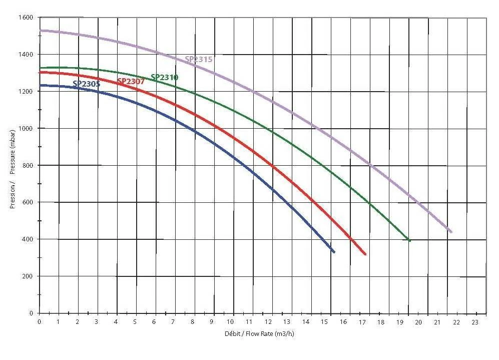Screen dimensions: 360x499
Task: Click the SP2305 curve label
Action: click(x=86, y=84)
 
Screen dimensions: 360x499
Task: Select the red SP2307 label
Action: click(x=131, y=81)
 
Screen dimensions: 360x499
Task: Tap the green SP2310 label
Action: click(x=164, y=77)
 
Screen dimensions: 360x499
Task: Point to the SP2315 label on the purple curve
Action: click(x=199, y=59)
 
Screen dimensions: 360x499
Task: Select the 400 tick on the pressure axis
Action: click(x=28, y=239)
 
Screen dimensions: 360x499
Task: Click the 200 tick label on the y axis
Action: click(x=28, y=276)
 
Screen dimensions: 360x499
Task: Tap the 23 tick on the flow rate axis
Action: click(x=475, y=321)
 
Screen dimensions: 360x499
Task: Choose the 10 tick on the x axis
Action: click(x=230, y=321)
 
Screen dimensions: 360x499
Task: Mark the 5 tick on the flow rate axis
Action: click(x=135, y=321)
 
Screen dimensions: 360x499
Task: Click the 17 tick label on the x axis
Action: click(x=362, y=321)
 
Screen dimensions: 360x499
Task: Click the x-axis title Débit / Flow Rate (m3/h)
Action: click(x=259, y=333)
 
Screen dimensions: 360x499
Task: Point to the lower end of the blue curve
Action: click(x=334, y=252)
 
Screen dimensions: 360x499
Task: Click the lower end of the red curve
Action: click(x=365, y=254)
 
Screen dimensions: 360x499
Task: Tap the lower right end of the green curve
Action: click(x=409, y=240)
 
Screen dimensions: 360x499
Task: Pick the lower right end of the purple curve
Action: click(x=451, y=232)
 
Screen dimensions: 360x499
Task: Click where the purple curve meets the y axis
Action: click(x=40, y=31)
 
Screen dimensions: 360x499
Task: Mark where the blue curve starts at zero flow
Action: click(x=40, y=85)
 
